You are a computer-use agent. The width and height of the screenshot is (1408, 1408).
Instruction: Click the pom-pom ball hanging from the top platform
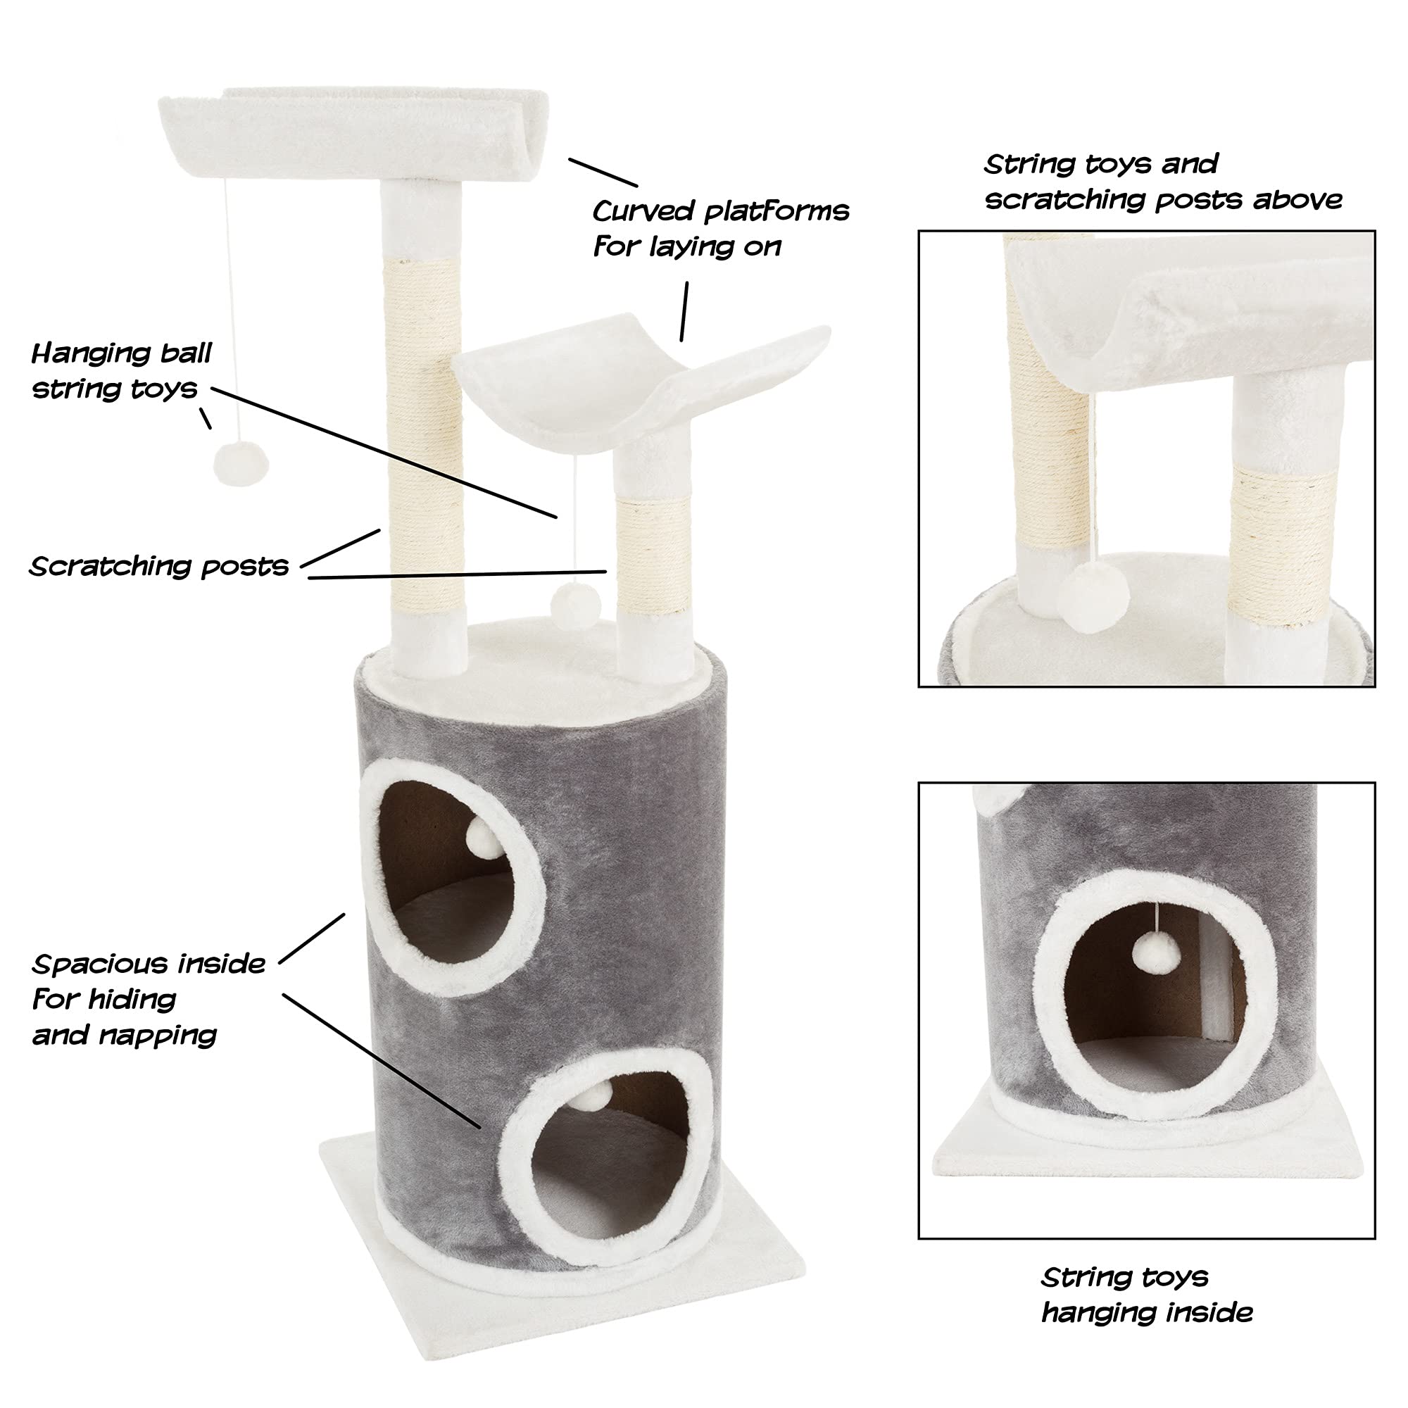click(241, 463)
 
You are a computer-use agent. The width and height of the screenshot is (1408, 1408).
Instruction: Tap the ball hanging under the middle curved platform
click(575, 604)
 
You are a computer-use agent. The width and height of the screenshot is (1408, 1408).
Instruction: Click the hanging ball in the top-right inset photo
click(1095, 598)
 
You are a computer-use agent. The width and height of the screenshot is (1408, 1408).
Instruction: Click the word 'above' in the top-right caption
click(1297, 200)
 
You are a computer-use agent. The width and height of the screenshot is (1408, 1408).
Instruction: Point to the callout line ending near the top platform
click(603, 172)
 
